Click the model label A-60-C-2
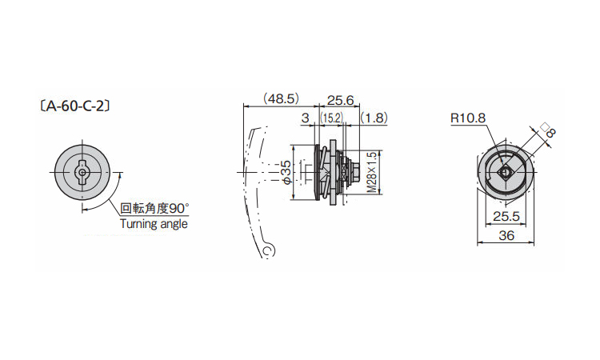pyautogui.click(x=73, y=104)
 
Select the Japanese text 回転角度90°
pyautogui.click(x=155, y=209)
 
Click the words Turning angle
pyautogui.click(x=154, y=224)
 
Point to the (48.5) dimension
pyautogui.click(x=281, y=100)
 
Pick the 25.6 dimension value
pyautogui.click(x=341, y=100)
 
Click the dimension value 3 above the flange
pyautogui.click(x=305, y=118)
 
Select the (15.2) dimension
pyautogui.click(x=331, y=118)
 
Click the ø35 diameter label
pyautogui.click(x=286, y=174)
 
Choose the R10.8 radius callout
pyautogui.click(x=468, y=118)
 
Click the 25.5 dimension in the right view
pyautogui.click(x=506, y=217)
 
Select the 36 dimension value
pyautogui.click(x=506, y=235)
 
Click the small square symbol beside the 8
pyautogui.click(x=544, y=125)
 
